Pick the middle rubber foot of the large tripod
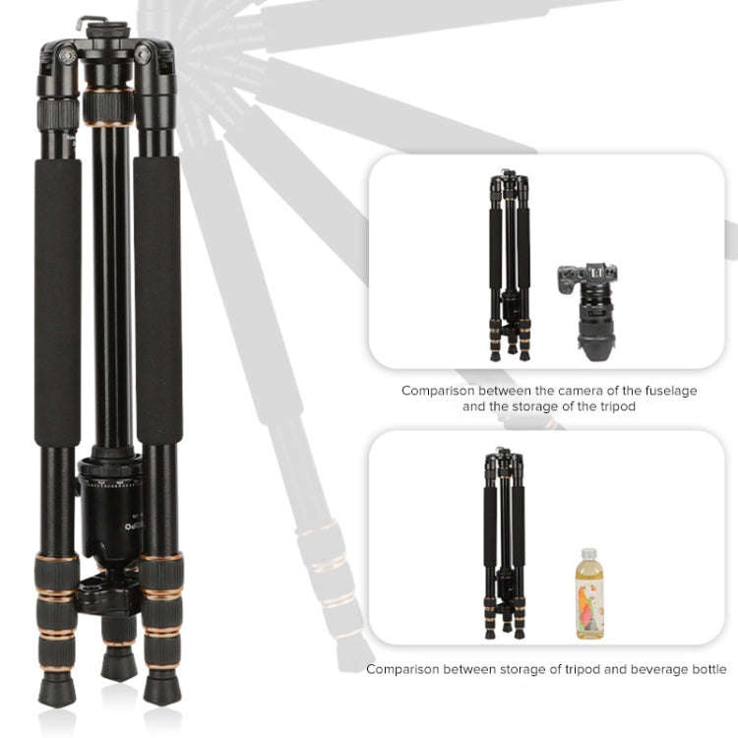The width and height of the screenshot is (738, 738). pos(117,665)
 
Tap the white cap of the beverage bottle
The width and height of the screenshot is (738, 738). pos(588,553)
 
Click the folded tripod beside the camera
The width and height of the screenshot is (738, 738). pos(510,266)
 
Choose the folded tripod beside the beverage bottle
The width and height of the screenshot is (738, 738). pos(504,541)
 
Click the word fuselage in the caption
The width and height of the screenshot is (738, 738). pos(664,391)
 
